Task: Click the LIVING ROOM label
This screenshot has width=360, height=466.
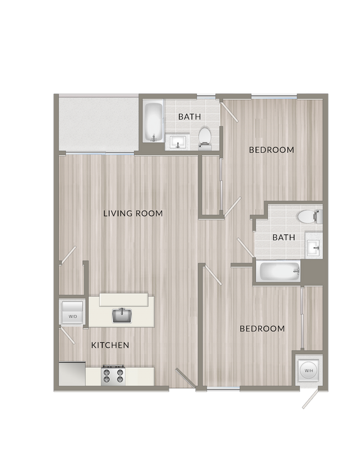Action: (x=133, y=213)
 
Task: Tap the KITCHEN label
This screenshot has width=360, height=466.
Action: (x=110, y=345)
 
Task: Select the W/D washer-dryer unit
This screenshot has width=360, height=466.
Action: (x=72, y=313)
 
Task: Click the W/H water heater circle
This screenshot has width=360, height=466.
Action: (x=309, y=370)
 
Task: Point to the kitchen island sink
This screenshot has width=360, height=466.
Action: (x=121, y=316)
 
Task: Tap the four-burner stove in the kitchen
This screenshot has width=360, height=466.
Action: (x=113, y=375)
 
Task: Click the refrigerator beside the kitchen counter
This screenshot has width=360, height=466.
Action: (x=72, y=374)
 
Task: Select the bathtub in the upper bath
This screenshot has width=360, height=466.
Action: (x=153, y=122)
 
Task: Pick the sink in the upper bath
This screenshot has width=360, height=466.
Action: (x=177, y=142)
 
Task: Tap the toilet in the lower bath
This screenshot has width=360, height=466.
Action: (x=310, y=216)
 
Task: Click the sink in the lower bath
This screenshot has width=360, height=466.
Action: (x=314, y=246)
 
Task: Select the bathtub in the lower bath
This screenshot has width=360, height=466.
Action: (x=280, y=271)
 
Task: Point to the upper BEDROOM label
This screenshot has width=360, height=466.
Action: (x=272, y=150)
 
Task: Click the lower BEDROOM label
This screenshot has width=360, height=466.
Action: (x=262, y=329)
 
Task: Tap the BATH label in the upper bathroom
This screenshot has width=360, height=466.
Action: (x=189, y=116)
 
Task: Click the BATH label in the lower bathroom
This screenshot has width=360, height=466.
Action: (x=284, y=237)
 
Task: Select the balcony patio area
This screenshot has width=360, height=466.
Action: (x=99, y=124)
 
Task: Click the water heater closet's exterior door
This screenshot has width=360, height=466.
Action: (x=311, y=398)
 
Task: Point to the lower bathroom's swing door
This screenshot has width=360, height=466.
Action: (x=245, y=247)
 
